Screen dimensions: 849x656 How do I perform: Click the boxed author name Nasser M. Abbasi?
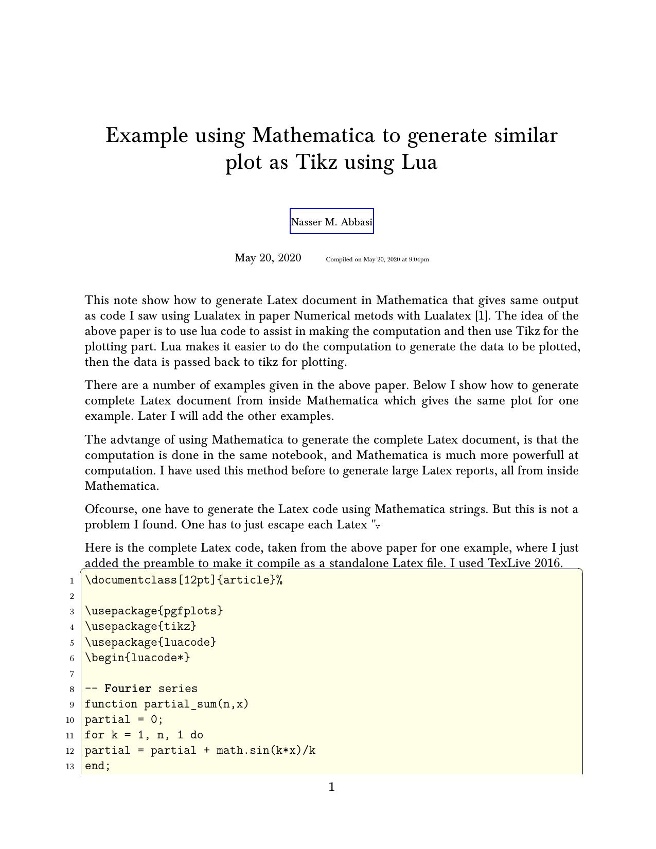point(332,222)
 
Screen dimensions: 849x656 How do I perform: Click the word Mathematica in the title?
point(313,135)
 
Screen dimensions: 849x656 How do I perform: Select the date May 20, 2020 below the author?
point(268,258)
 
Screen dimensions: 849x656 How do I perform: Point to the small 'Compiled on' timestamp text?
point(377,259)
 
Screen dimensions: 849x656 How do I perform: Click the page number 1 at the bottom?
point(332,787)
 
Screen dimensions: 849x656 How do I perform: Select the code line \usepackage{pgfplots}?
point(154,611)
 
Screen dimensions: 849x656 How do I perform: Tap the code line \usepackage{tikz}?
point(140,626)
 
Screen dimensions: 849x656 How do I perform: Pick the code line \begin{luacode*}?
point(137,657)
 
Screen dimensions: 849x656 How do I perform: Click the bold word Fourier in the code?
point(128,688)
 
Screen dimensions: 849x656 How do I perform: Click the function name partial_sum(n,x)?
point(196,704)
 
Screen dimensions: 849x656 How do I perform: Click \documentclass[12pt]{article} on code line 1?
point(183,580)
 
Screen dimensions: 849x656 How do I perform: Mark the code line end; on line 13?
point(98,766)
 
